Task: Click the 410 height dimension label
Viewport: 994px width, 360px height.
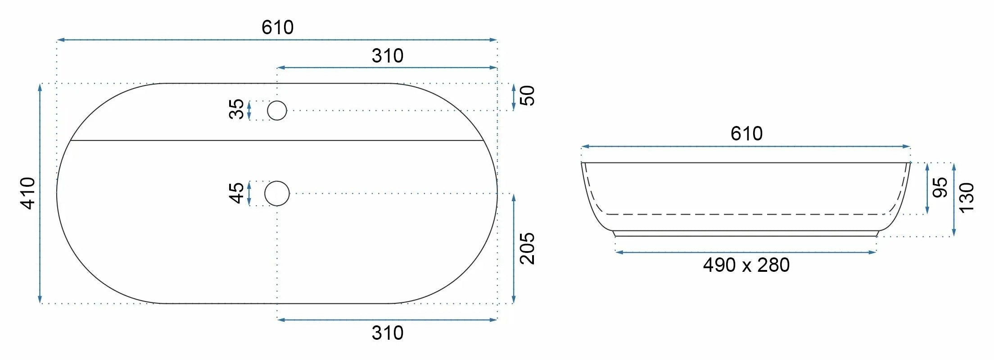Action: tap(28, 193)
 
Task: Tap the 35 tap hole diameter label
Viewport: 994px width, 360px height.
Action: tap(236, 109)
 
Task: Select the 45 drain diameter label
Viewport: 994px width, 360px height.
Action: tap(236, 193)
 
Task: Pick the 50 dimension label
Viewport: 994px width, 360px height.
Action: tap(527, 95)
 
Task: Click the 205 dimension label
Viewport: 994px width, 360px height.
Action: tap(527, 248)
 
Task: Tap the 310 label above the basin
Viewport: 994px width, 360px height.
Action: tap(388, 56)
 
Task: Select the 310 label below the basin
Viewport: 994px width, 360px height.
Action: tap(388, 333)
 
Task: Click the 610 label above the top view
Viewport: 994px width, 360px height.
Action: tap(278, 27)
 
